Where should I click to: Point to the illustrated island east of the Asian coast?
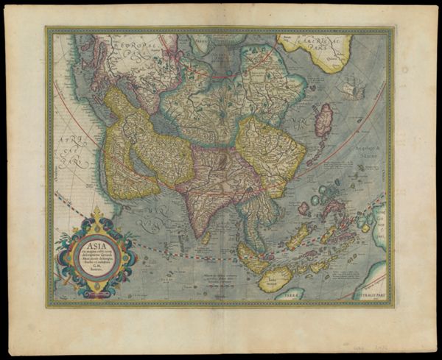tap(351, 90)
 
